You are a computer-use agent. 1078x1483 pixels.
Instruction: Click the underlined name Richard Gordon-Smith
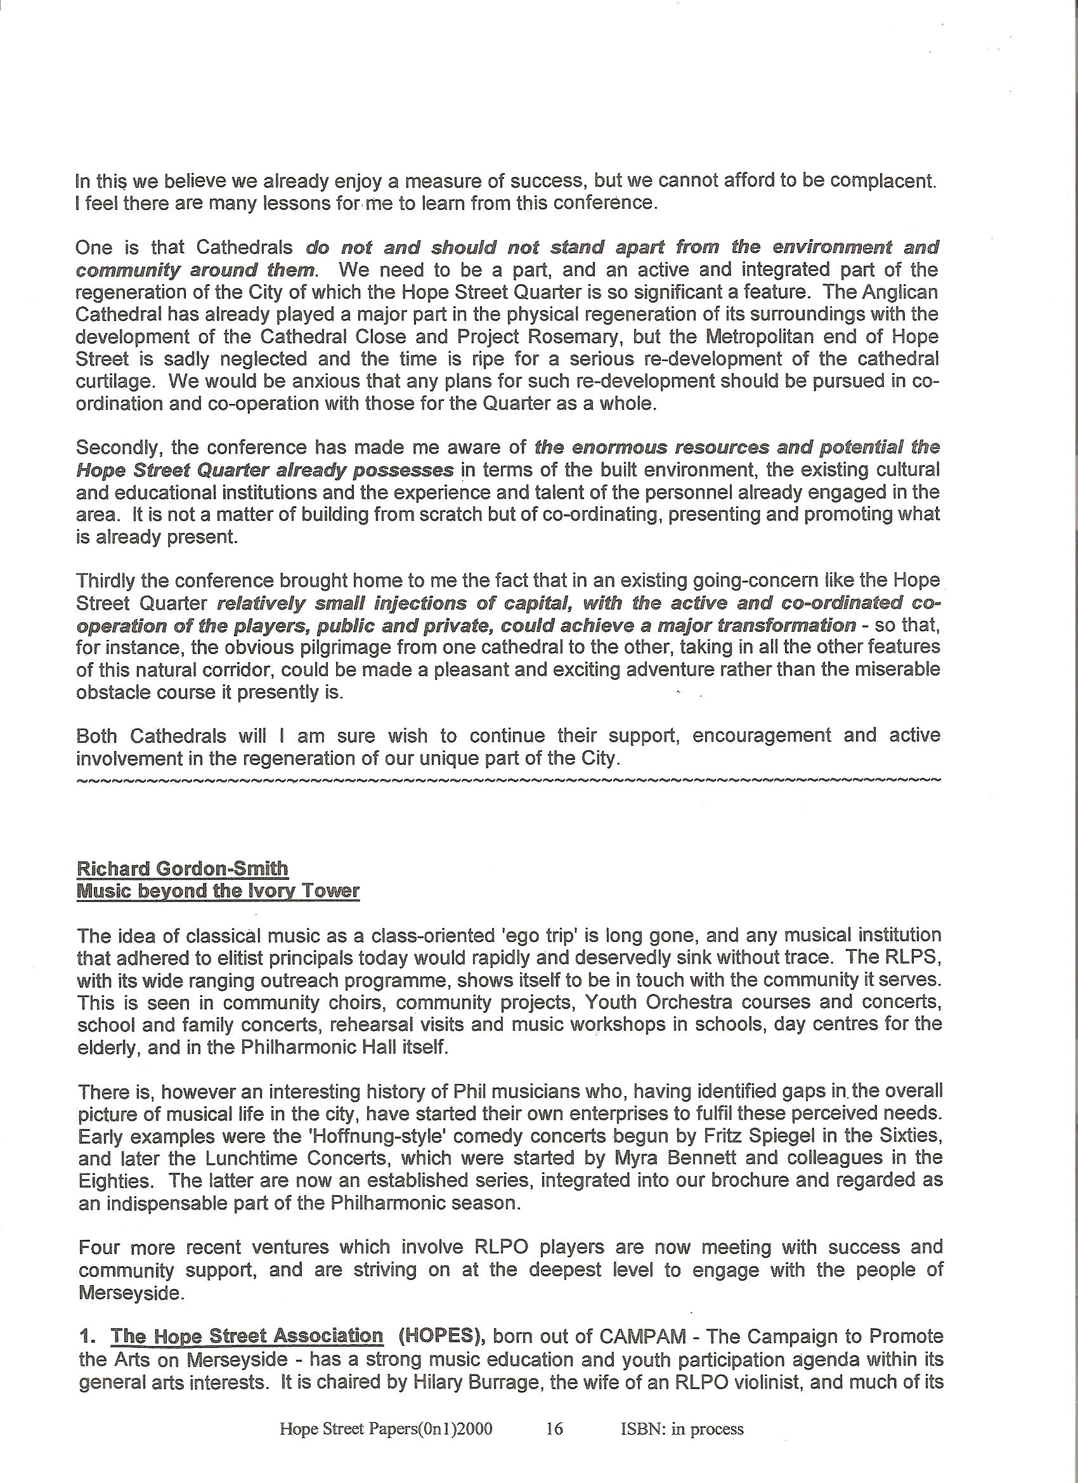[x=183, y=868]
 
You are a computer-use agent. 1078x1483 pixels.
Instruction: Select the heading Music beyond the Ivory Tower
[x=218, y=891]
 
